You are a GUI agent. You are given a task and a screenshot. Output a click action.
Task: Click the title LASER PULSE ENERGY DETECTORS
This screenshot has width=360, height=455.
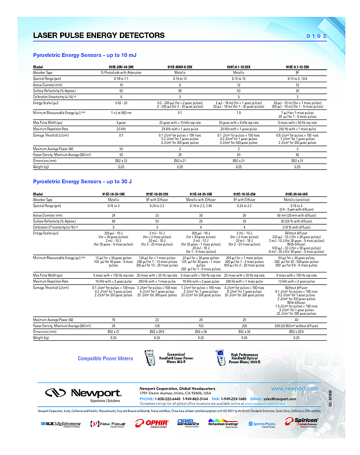coord(99,35)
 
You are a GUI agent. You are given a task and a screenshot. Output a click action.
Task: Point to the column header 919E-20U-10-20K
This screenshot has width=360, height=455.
coord(121,67)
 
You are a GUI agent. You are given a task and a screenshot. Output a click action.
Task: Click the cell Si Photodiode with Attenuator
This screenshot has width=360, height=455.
coord(121,72)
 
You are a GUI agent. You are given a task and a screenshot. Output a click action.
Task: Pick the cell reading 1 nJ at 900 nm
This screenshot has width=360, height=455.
coord(121,113)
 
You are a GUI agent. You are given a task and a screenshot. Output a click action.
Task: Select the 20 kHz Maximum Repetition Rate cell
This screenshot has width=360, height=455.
coord(121,129)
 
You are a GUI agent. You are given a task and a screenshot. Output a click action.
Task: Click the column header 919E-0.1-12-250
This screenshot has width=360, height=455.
coord(297,67)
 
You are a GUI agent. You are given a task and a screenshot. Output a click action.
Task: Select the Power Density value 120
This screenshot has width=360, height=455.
coord(157,325)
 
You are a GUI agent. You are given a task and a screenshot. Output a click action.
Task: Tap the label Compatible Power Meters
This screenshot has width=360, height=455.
coord(106,358)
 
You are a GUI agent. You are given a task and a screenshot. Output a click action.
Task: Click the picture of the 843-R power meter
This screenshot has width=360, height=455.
coord(151,358)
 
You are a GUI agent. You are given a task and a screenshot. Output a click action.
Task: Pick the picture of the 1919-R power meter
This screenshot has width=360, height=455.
coord(222,358)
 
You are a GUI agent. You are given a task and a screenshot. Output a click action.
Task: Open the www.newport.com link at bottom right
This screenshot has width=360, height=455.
coord(294,389)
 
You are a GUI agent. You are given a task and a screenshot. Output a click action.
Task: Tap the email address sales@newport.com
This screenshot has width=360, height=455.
coord(280,399)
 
